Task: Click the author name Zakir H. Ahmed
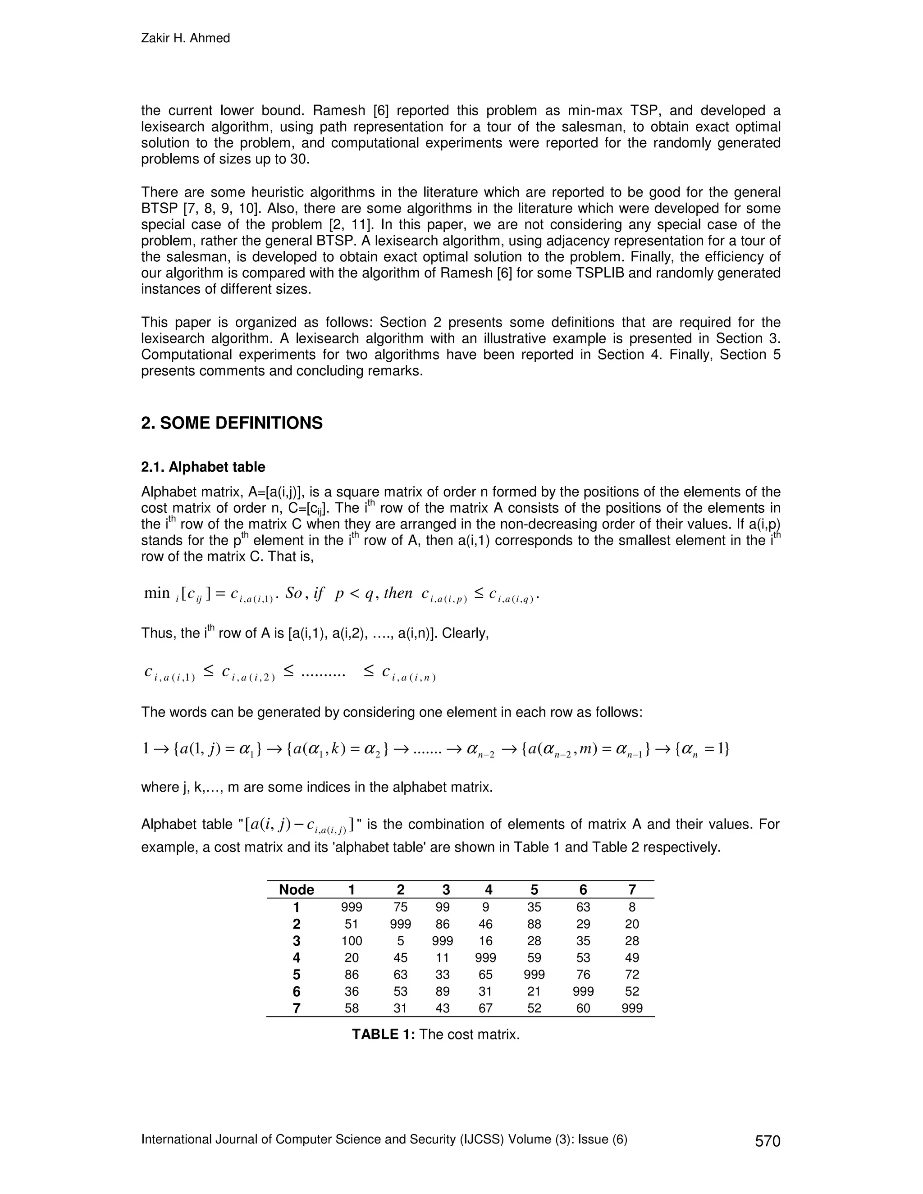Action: [x=185, y=38]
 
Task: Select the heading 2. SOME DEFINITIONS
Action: [x=232, y=423]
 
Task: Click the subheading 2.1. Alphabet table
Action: [x=203, y=467]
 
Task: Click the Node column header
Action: [x=297, y=890]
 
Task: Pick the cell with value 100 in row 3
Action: [x=352, y=941]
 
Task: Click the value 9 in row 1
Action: [x=485, y=907]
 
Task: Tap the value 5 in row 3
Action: [x=400, y=941]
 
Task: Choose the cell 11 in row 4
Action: [x=443, y=958]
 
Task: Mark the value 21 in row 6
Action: [x=534, y=991]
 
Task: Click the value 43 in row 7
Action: [x=443, y=1008]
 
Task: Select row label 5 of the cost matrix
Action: [x=297, y=975]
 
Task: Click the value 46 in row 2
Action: [x=485, y=924]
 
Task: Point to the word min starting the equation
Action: [x=156, y=593]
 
